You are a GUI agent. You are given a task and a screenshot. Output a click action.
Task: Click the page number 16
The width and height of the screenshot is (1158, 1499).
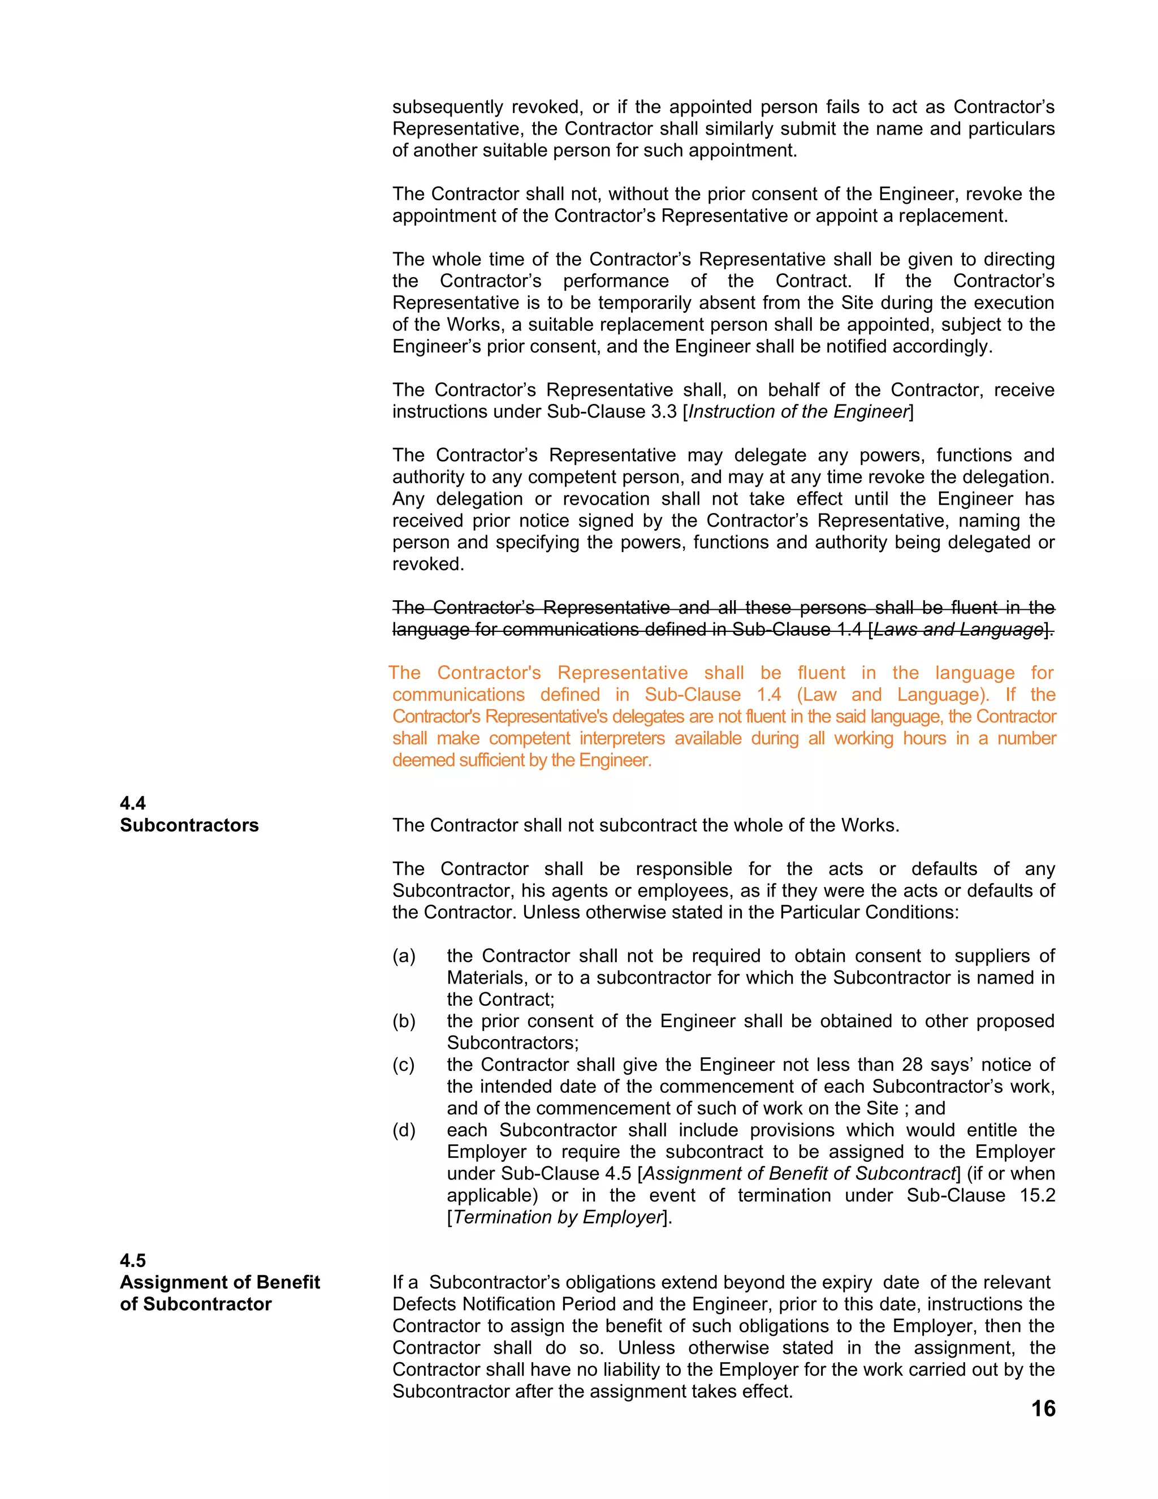1043,1409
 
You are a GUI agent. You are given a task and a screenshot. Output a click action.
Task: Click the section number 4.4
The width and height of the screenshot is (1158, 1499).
133,803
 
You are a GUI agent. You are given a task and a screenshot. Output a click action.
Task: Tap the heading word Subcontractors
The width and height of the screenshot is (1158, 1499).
189,825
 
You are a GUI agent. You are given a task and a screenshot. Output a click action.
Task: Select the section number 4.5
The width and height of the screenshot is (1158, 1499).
133,1260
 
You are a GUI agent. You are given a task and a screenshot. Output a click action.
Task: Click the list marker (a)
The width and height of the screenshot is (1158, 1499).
404,956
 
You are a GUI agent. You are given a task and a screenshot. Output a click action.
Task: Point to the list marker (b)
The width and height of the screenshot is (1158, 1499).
404,1021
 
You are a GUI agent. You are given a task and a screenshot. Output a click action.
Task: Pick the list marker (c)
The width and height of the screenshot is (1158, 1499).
404,1065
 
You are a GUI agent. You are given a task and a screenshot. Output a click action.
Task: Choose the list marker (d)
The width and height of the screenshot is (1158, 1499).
404,1130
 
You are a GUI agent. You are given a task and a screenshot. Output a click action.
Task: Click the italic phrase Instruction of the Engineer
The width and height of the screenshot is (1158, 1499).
798,412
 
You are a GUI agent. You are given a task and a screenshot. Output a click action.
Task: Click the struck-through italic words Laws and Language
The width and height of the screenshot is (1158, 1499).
958,630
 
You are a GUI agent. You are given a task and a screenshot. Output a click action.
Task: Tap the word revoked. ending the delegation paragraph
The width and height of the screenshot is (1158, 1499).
428,564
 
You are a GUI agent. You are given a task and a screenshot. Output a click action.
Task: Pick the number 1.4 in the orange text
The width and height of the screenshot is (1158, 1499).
769,695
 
